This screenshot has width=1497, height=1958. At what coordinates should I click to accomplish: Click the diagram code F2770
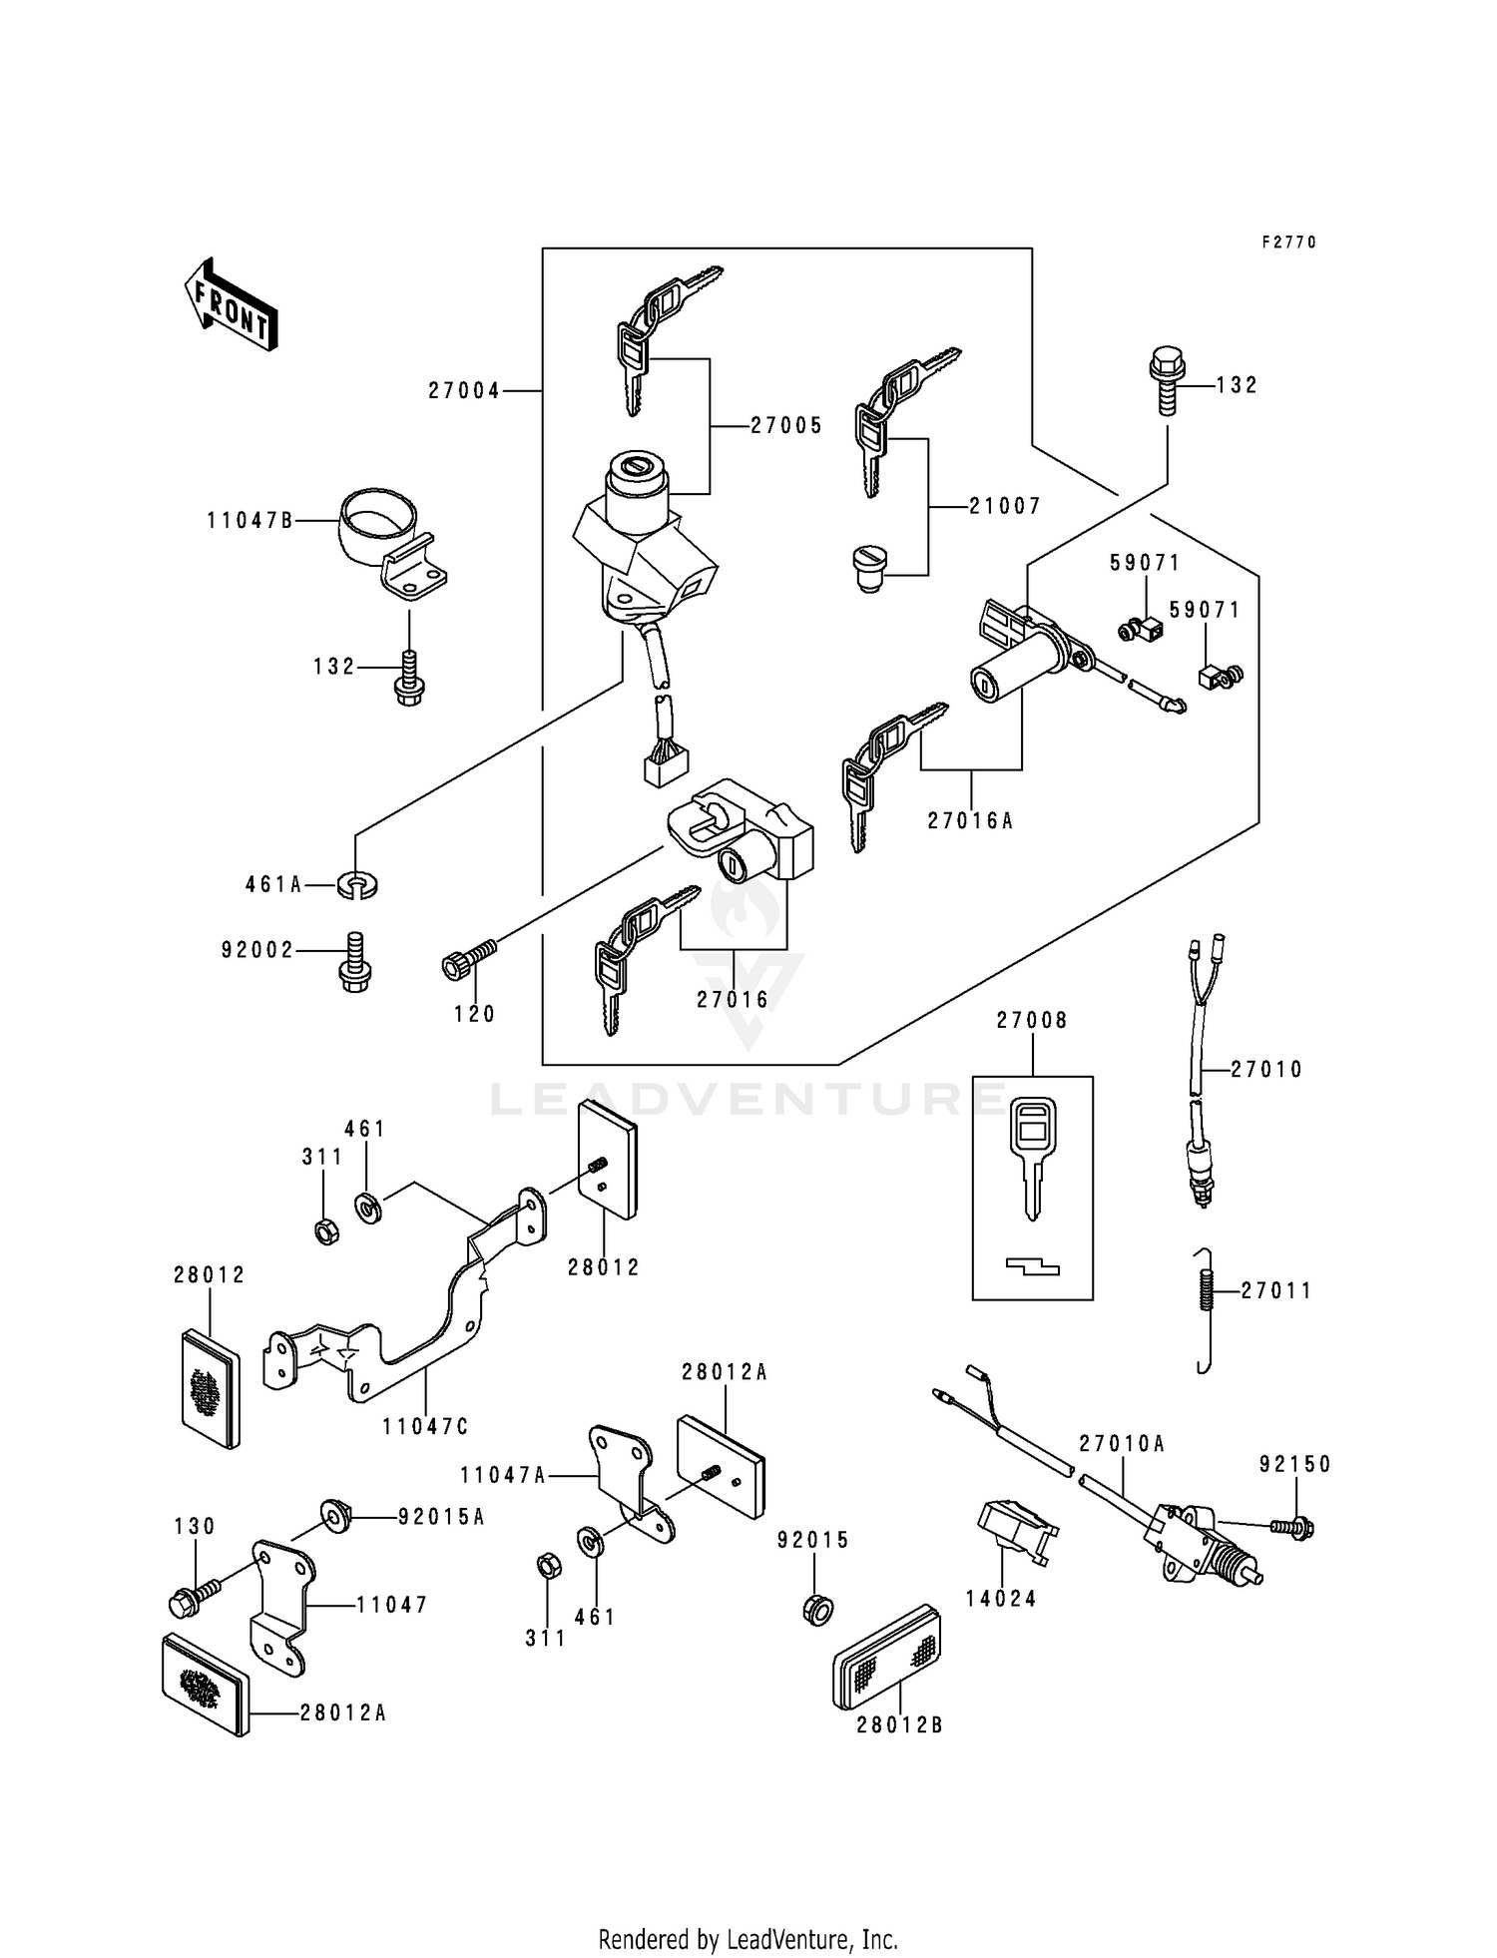pos(1288,243)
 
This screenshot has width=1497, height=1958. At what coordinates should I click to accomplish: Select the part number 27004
pos(464,391)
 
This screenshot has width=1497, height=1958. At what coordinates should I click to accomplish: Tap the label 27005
pos(786,426)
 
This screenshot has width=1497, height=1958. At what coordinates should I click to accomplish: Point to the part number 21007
pos(1004,507)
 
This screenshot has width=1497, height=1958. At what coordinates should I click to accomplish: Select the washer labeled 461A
pos(358,884)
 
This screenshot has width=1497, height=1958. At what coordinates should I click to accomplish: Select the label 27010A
pos(1122,1444)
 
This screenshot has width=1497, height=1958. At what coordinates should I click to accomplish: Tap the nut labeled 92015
pos(815,1609)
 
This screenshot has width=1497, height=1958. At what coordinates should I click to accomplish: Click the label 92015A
pos(441,1517)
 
